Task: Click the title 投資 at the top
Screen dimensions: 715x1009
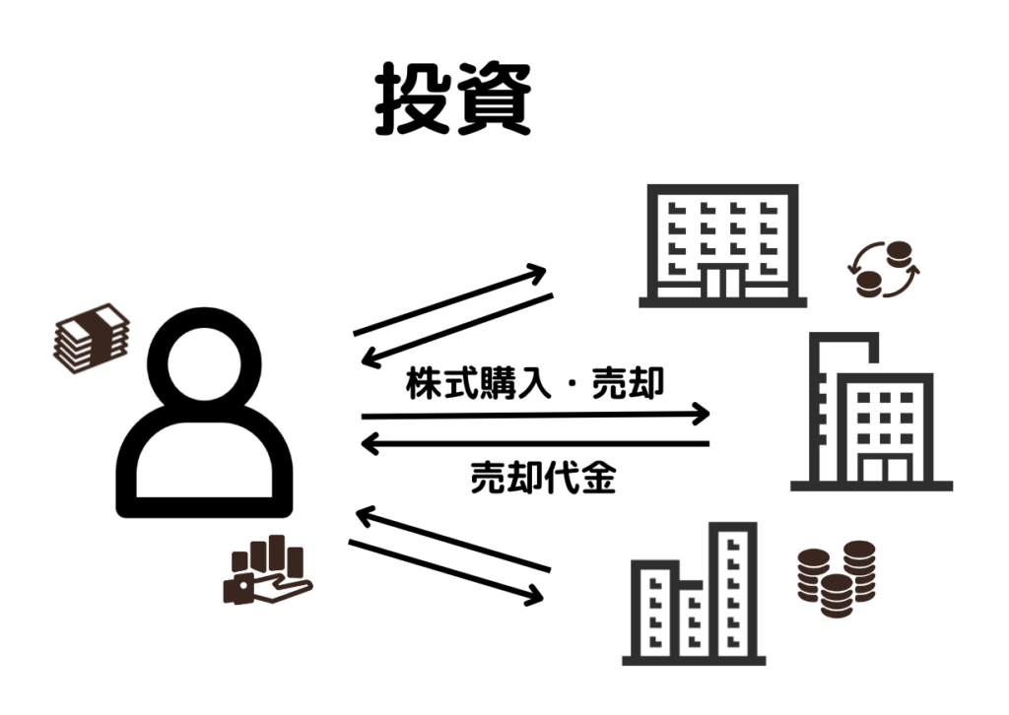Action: point(452,100)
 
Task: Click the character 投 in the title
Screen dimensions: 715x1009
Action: point(411,100)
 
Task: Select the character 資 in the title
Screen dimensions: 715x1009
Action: point(495,100)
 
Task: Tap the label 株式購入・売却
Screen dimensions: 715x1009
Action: point(534,384)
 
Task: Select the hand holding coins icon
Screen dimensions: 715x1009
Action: point(265,571)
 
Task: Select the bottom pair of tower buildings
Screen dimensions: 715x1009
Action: point(695,596)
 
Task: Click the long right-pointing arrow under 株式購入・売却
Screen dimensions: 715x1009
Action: point(536,414)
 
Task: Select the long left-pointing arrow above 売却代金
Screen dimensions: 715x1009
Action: point(536,444)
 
